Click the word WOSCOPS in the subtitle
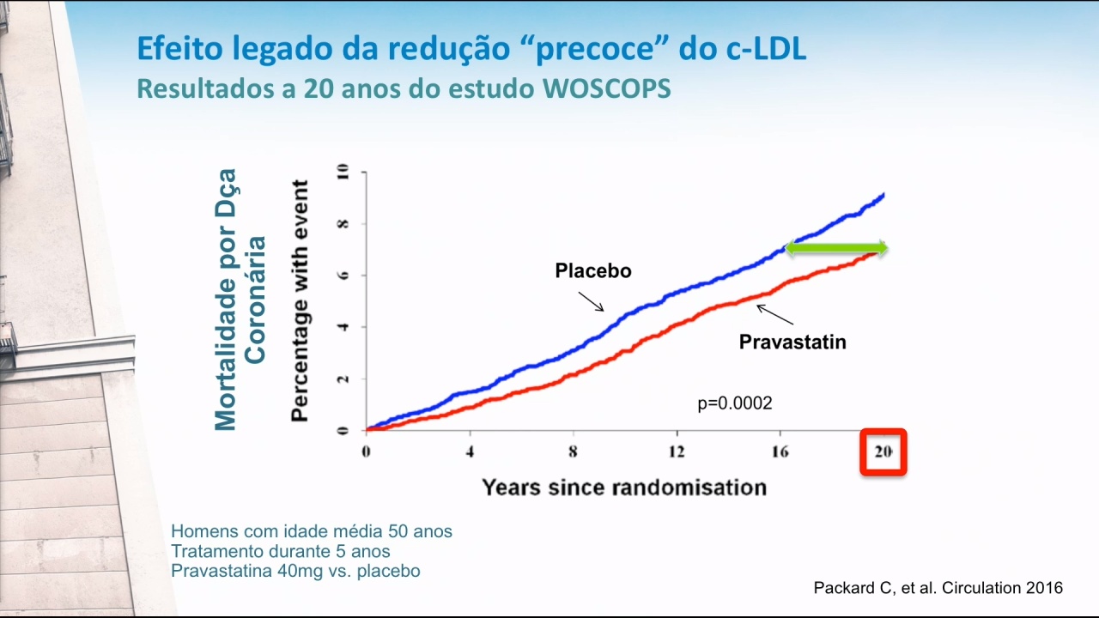tap(606, 88)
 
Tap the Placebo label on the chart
tap(593, 270)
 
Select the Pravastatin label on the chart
tap(792, 342)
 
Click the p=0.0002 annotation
tap(735, 403)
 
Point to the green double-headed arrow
tap(836, 248)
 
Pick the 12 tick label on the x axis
tap(677, 451)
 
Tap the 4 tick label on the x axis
tap(470, 451)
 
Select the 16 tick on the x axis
tap(780, 451)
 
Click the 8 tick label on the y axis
tap(343, 224)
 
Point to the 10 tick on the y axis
tap(343, 172)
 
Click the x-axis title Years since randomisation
tap(624, 488)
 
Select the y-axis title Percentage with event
tap(300, 300)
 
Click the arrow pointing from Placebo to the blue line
tap(592, 301)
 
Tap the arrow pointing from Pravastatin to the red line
tap(774, 314)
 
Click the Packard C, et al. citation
tap(938, 588)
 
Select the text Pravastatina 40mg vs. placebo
tap(295, 571)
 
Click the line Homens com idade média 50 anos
tap(312, 531)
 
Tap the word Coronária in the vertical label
tap(255, 300)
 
